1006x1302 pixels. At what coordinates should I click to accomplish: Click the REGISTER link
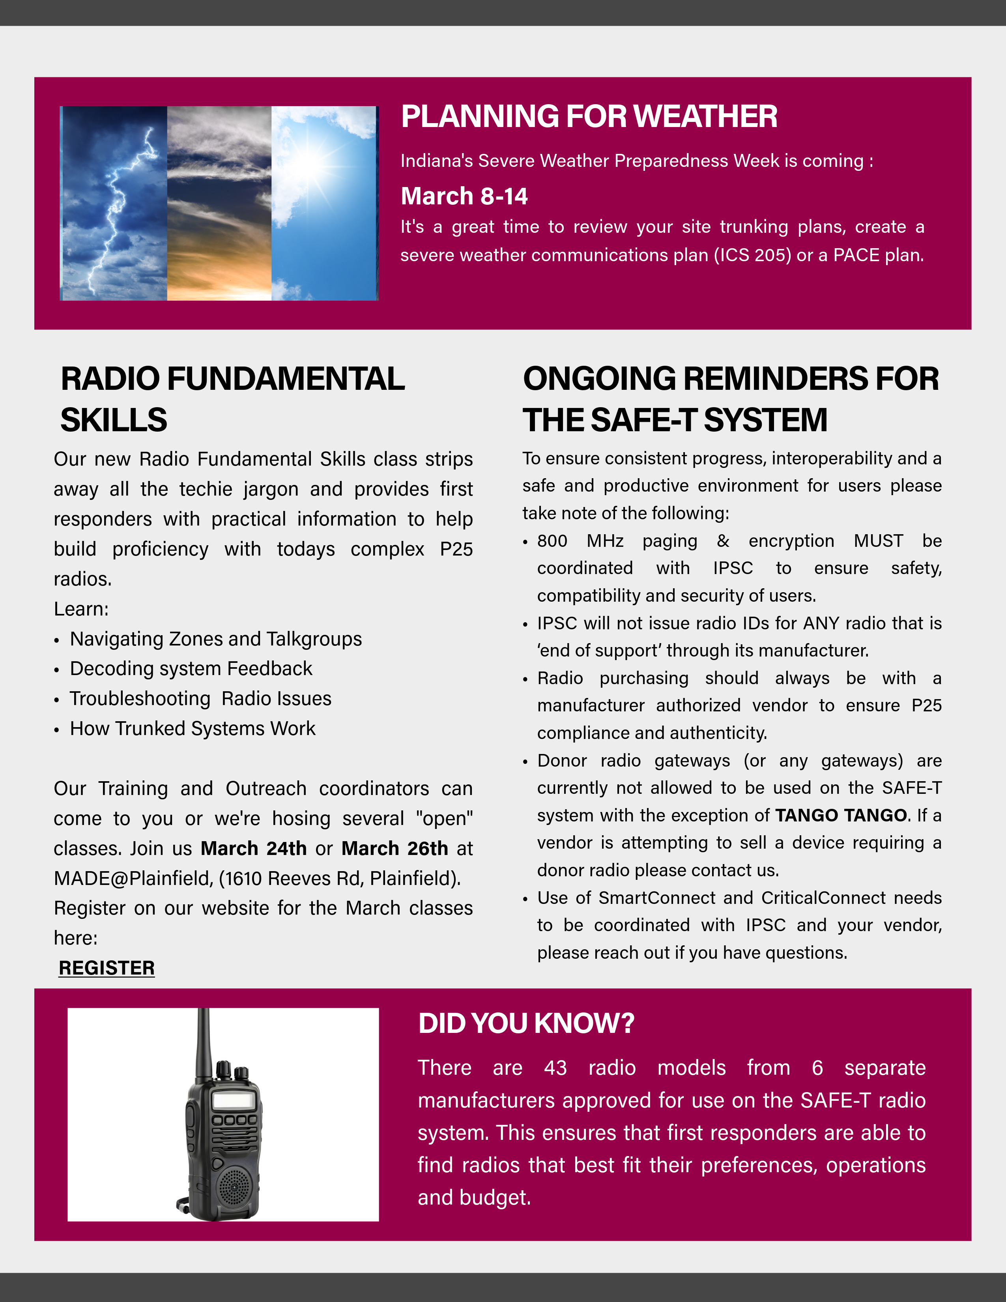coord(107,967)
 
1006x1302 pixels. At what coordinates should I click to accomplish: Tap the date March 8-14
coord(464,196)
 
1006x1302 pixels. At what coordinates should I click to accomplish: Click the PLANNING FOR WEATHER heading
coord(589,116)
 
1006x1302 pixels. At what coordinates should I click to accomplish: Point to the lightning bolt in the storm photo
coord(119,203)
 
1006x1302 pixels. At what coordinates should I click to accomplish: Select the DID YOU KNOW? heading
coord(526,1023)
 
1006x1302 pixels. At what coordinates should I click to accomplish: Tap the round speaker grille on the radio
coord(234,1186)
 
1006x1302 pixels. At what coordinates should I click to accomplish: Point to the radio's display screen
coord(234,1100)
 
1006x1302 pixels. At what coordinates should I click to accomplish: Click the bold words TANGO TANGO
coord(841,815)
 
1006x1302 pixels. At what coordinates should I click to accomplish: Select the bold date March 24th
coord(253,848)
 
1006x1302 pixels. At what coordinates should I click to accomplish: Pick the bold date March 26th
coord(395,848)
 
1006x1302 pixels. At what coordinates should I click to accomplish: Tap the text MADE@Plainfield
coord(133,878)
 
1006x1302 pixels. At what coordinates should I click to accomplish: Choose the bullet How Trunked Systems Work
coord(193,728)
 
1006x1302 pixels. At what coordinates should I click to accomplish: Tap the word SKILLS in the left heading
coord(114,420)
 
